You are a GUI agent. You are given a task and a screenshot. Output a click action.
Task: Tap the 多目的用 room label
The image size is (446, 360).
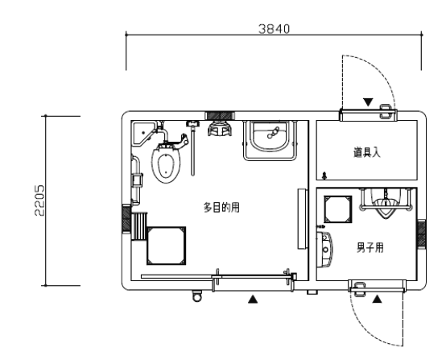click(x=221, y=208)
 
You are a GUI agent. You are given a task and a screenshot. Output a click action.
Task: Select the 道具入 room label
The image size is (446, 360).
click(x=366, y=151)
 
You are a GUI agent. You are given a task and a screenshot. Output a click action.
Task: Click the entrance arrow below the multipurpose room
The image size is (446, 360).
click(x=254, y=299)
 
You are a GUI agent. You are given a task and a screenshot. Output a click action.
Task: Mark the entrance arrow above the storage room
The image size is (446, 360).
click(x=368, y=102)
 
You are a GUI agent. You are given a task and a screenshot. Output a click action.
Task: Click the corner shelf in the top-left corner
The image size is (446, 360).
click(x=142, y=128)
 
